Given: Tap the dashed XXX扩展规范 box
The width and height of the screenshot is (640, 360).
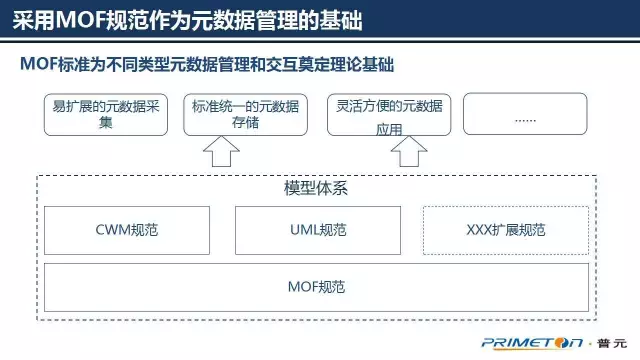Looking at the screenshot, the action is tap(506, 230).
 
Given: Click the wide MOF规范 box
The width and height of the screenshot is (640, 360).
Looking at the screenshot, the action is tap(316, 288).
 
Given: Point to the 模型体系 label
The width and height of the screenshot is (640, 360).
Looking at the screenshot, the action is tap(316, 188).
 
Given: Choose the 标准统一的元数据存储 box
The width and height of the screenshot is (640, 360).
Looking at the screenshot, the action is tap(243, 114).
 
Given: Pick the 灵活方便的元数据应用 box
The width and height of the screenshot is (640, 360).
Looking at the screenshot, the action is tap(389, 114).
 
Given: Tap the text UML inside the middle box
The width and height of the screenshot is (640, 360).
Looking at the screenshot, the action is tap(303, 230).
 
